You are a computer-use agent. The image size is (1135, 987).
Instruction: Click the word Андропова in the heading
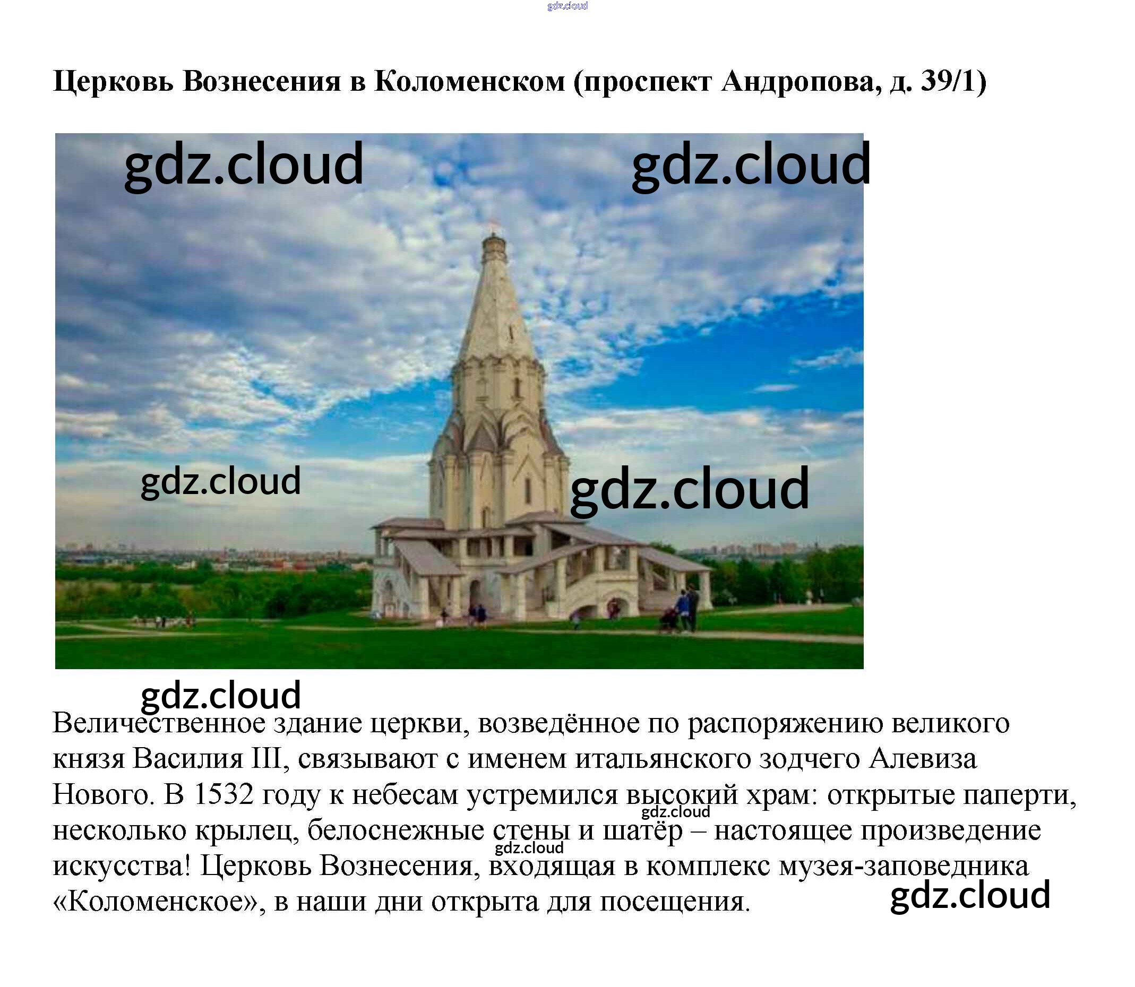[x=797, y=81]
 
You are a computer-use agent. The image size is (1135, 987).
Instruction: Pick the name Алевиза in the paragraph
[x=923, y=759]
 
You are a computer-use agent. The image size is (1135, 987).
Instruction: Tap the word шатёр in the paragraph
[x=642, y=830]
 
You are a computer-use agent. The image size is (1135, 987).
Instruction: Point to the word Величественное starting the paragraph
[x=159, y=723]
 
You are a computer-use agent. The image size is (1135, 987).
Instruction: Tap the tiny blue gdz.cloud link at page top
[x=567, y=6]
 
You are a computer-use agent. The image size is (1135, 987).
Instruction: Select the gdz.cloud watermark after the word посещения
[x=970, y=895]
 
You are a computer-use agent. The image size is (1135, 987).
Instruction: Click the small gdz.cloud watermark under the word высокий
[x=675, y=811]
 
